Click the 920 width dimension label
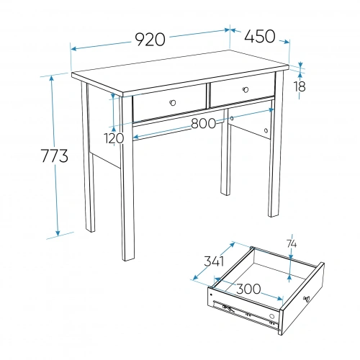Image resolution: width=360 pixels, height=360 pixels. click(150, 40)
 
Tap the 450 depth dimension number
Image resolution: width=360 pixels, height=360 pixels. click(260, 36)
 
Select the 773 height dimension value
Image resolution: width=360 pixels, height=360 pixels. click(55, 156)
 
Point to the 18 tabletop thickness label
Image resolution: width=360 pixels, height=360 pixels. click(300, 86)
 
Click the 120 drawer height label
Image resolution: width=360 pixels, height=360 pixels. click(114, 138)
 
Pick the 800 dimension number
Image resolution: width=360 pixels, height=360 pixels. click(204, 124)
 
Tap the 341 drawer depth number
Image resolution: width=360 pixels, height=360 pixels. click(214, 261)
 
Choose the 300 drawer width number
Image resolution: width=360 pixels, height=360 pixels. click(248, 289)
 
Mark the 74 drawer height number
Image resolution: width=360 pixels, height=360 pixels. click(292, 244)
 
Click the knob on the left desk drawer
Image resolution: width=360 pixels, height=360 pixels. click(172, 103)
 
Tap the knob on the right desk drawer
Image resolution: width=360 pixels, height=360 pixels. click(246, 90)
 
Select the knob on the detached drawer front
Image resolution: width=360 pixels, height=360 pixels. click(307, 299)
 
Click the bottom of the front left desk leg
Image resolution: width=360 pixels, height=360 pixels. click(128, 259)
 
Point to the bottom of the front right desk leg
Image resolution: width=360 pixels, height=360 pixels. click(274, 215)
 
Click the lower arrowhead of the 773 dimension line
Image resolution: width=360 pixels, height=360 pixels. click(58, 233)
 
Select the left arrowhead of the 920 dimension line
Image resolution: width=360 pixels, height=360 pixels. click(74, 49)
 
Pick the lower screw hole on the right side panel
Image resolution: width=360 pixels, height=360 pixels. click(266, 130)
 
